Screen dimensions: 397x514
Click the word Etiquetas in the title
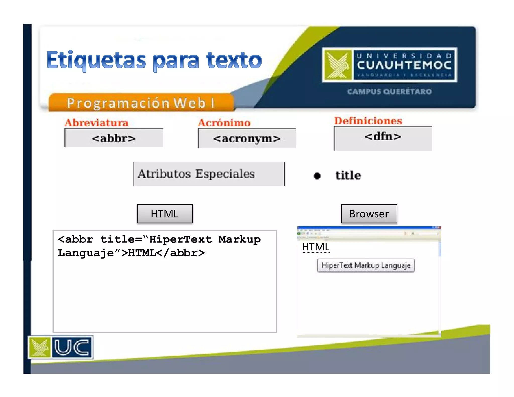pos(96,60)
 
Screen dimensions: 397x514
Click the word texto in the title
pos(233,60)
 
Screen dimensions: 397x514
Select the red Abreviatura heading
pos(96,123)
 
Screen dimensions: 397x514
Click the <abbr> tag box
pos(114,138)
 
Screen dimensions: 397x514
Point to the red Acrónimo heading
pos(224,123)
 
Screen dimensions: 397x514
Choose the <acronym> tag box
pos(247,138)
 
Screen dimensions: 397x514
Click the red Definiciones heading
pos(368,121)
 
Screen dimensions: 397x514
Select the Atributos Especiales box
pos(209,174)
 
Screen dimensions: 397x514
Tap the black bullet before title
pos(317,176)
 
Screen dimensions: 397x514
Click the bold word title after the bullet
pos(348,175)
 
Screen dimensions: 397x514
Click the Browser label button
pos(369,214)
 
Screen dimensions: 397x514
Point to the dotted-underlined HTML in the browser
pos(315,247)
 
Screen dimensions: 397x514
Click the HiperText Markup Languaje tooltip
pos(366,266)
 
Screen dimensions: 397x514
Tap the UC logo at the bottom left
pos(61,347)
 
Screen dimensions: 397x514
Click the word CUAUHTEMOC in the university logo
pos(404,65)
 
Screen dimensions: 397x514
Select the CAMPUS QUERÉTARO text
pos(389,91)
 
